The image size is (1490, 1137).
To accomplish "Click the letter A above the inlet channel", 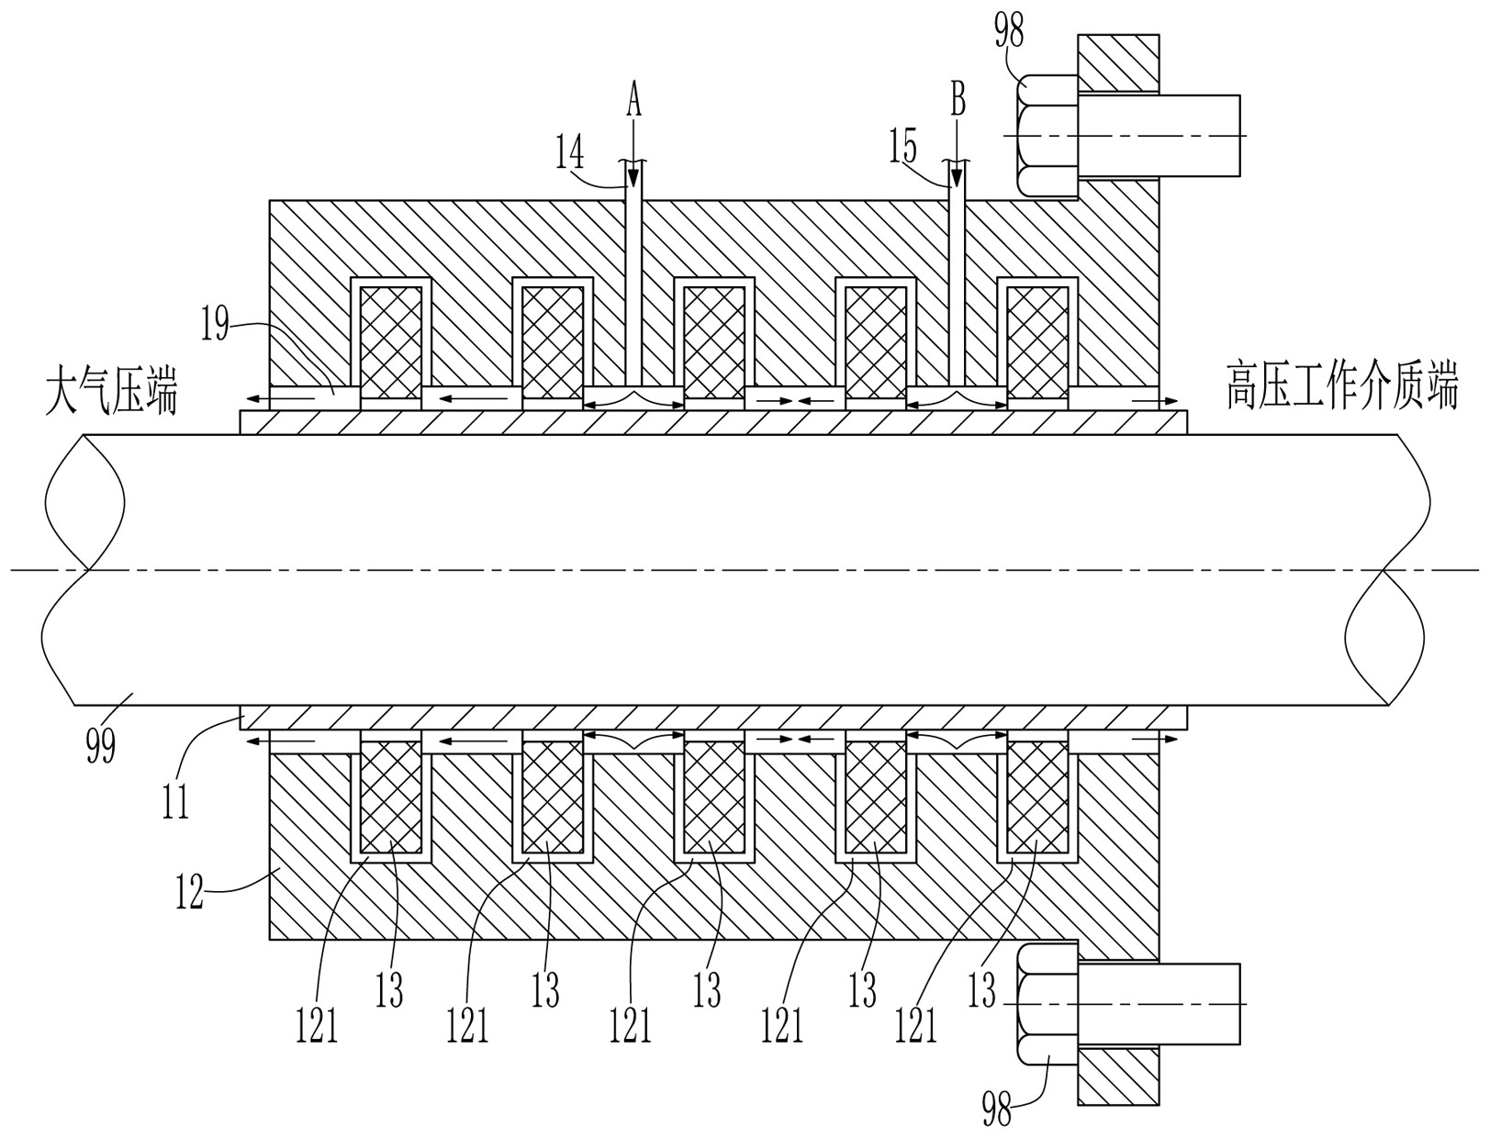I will click(633, 99).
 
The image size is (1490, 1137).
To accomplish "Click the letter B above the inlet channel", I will click(958, 99).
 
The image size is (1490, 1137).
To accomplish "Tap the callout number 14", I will click(570, 152).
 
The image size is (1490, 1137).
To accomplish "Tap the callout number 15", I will click(902, 146).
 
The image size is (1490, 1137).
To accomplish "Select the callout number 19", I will click(215, 325).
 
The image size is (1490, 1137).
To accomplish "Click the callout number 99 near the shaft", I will click(101, 744).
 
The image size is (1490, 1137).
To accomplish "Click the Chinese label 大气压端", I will click(111, 390).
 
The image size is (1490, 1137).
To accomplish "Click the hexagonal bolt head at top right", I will click(1047, 136).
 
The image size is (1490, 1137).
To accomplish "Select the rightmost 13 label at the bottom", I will click(981, 990).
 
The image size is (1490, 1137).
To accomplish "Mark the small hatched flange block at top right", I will click(1118, 62).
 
